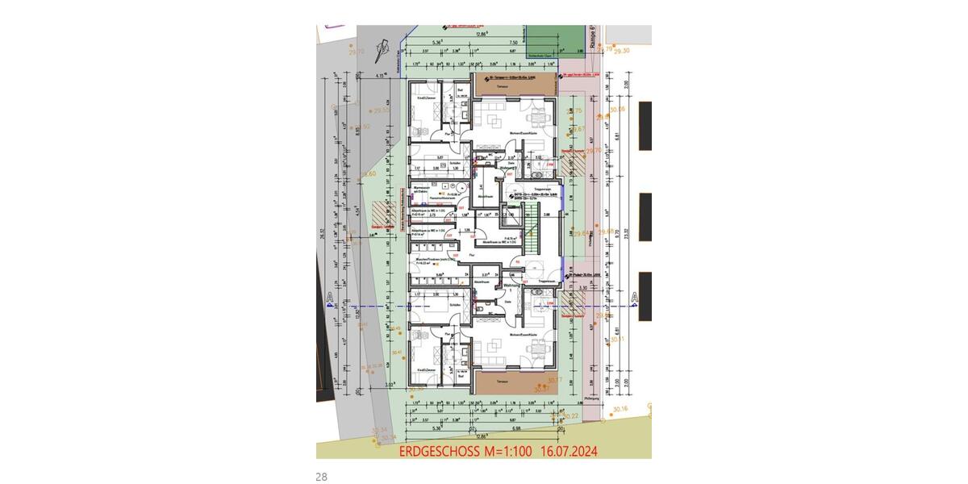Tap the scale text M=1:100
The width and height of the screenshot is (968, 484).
pos(507,453)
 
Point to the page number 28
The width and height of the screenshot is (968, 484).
pos(322,477)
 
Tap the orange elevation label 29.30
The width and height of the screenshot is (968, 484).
pos(621,51)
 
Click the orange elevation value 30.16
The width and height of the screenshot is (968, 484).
pos(620,410)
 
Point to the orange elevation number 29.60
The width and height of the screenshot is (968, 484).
pos(368,173)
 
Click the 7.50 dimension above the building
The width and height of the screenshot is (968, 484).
pos(513,42)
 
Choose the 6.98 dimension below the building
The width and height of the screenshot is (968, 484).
pos(513,428)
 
